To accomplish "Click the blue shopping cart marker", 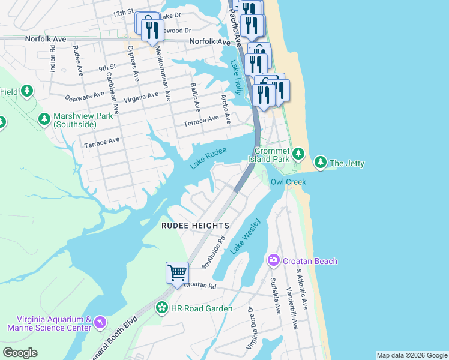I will (178, 273).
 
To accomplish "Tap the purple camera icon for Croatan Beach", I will (274, 260).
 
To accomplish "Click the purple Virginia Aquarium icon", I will (100, 323).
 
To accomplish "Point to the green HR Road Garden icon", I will (161, 308).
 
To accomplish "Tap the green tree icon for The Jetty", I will (321, 163).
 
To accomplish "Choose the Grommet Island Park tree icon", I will (298, 155).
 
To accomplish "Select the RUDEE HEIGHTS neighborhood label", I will (195, 226).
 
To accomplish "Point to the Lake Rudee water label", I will (208, 158).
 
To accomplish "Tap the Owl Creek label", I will (288, 182).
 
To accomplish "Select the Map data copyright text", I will (412, 355).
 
